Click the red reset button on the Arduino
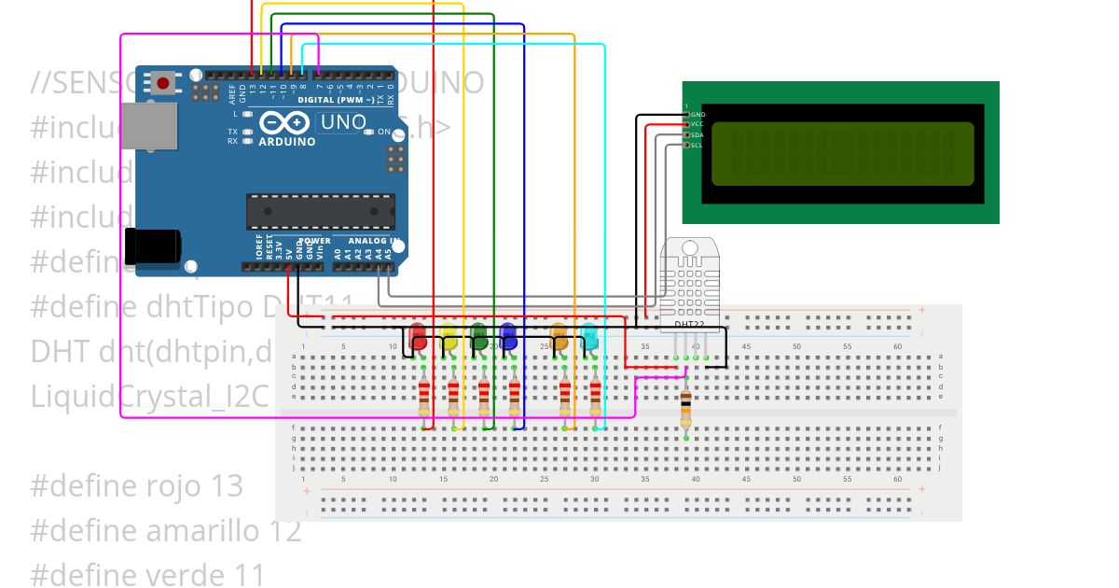[x=163, y=83]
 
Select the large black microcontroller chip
[x=320, y=211]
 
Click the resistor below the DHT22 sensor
[x=686, y=406]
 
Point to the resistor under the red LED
[x=424, y=399]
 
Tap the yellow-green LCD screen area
[x=842, y=154]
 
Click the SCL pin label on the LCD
[x=697, y=145]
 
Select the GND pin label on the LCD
[x=697, y=113]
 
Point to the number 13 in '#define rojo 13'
[x=223, y=486]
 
